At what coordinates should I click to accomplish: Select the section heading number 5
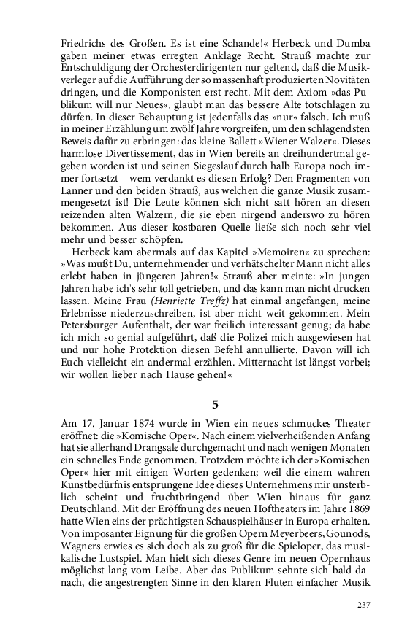[x=215, y=403]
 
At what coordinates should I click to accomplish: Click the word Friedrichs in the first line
[x=85, y=43]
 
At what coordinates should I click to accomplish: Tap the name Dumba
[x=353, y=43]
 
